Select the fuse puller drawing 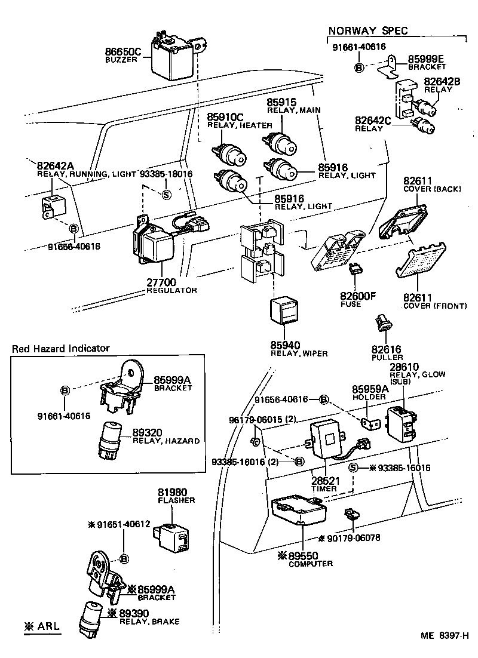(x=380, y=323)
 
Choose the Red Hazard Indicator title (x=61, y=348)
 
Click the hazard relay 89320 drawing (x=112, y=440)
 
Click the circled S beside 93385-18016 (x=167, y=194)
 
